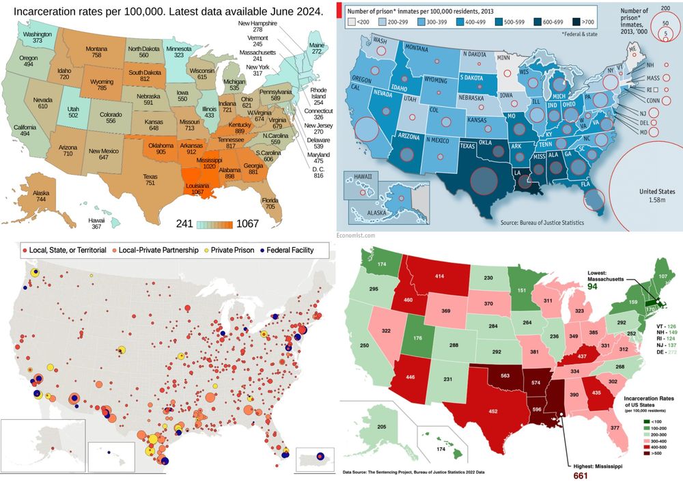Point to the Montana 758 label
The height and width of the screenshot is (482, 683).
point(98,52)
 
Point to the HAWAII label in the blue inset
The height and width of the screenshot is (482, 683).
point(363,177)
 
